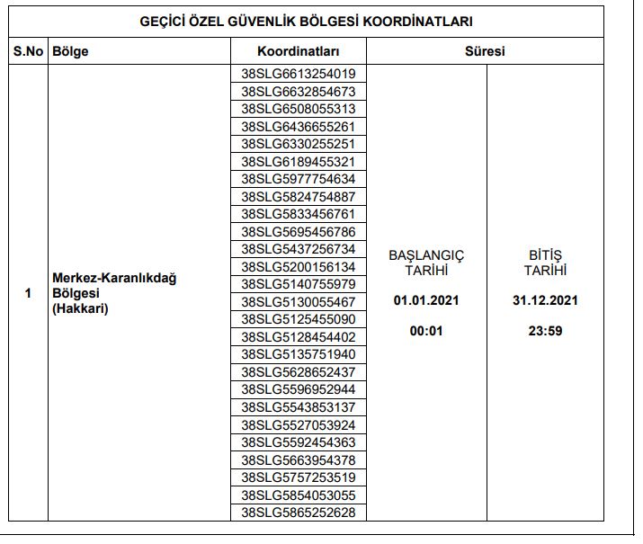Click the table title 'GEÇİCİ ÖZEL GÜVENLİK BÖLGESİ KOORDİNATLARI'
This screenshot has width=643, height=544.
coord(307,21)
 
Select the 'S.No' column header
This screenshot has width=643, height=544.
coord(28,51)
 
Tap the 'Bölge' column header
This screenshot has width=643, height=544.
coord(71,51)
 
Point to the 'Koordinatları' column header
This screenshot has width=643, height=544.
coord(299,51)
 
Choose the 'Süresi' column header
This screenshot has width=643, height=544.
coord(485,51)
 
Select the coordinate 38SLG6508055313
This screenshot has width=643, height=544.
coord(299,109)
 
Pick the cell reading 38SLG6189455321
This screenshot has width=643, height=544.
coord(299,162)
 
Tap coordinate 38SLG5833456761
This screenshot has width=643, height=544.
coord(299,214)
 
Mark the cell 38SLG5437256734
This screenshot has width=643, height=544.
coord(299,249)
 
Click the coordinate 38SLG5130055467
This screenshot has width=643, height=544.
coord(299,302)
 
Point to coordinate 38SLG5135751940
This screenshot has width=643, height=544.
coord(299,354)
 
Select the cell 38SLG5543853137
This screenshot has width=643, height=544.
coord(299,407)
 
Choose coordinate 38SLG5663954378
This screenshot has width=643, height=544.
coord(299,460)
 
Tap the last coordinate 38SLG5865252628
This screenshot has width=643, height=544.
coord(299,513)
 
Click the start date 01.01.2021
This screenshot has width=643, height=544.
coord(426,300)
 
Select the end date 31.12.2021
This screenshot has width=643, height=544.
coord(545,300)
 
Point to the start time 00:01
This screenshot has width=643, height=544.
coord(426,331)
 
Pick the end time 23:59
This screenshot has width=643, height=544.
coord(545,331)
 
